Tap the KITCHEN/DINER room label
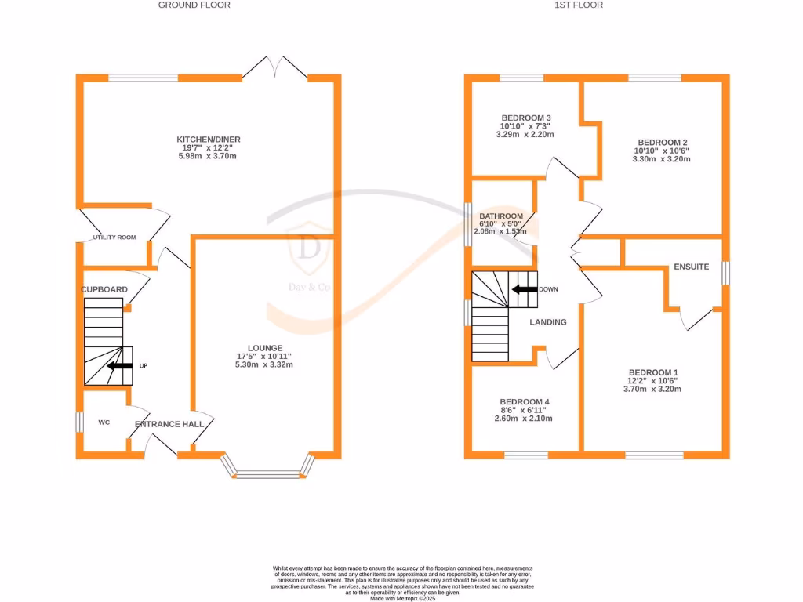pos(206,140)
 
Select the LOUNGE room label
pos(264,348)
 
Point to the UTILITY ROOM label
pos(114,238)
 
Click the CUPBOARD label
pos(104,289)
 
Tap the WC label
pos(104,422)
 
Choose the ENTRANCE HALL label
pos(169,424)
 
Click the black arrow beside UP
pos(120,365)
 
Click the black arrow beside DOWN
pos(523,289)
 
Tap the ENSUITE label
pos(691,267)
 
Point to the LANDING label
pos(548,322)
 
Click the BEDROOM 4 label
pos(524,399)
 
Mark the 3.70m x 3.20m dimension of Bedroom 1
pos(652,389)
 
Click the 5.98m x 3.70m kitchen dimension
pos(206,157)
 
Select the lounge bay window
pos(268,473)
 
